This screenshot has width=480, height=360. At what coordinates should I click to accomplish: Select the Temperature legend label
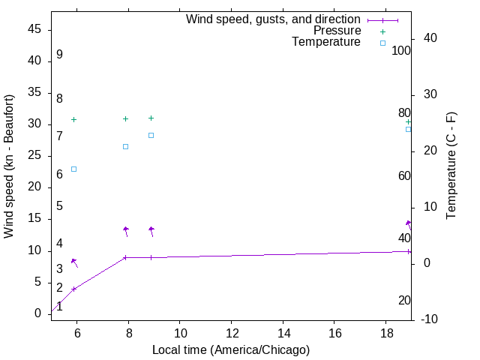click(x=326, y=42)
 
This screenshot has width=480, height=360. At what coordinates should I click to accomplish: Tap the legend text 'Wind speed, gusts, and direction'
click(x=273, y=19)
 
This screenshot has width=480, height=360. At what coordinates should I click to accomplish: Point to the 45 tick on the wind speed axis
click(x=34, y=29)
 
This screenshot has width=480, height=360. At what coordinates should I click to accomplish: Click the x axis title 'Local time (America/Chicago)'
click(x=230, y=349)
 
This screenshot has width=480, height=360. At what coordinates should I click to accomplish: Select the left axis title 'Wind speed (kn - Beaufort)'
click(x=10, y=166)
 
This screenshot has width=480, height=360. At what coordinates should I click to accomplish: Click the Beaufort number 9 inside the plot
click(x=59, y=55)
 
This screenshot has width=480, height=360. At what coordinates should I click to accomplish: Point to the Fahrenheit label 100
click(x=401, y=50)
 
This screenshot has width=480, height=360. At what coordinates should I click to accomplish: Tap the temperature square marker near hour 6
click(x=73, y=169)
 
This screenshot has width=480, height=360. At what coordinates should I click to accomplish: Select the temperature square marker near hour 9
click(x=151, y=135)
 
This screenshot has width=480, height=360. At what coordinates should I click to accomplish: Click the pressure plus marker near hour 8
click(x=125, y=118)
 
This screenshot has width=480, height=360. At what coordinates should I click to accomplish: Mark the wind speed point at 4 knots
click(x=73, y=289)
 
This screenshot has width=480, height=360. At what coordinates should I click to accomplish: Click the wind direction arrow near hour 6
click(x=74, y=262)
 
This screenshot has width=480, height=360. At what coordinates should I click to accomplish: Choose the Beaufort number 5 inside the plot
click(x=59, y=206)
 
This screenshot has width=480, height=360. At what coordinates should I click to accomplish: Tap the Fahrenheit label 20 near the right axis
click(x=404, y=300)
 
